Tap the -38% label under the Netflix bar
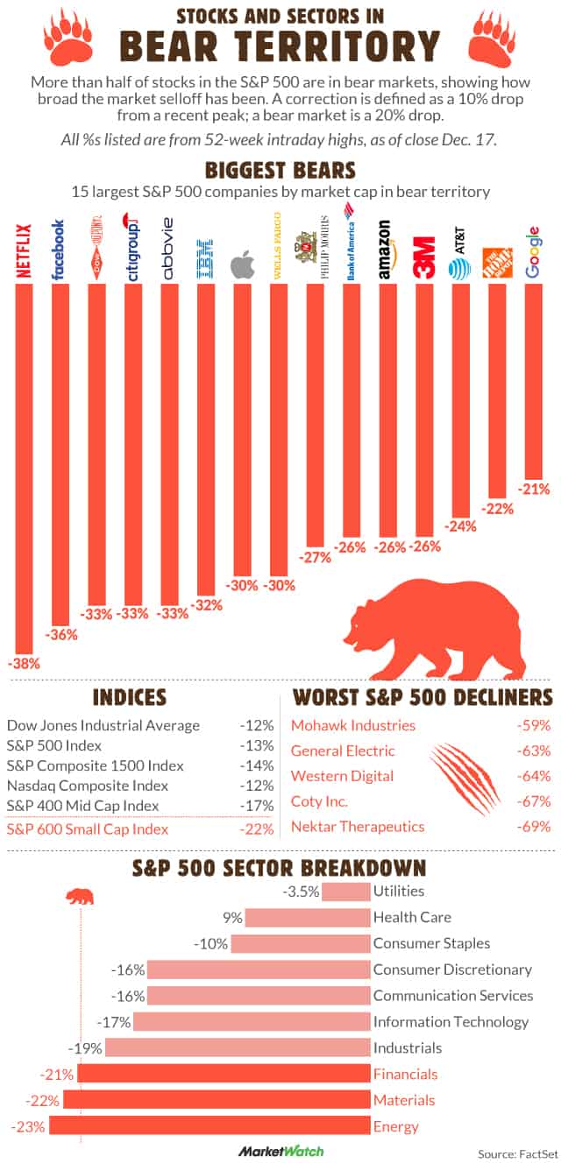point(24,663)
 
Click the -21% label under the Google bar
point(533,488)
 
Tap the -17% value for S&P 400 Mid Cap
point(258,806)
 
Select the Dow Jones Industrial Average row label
point(103,725)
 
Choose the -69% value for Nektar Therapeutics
point(533,827)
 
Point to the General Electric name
point(343,751)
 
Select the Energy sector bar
point(209,1126)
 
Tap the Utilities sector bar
point(346,892)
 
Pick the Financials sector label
point(405,1074)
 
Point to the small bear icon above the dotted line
point(81,897)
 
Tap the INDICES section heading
point(129,697)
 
